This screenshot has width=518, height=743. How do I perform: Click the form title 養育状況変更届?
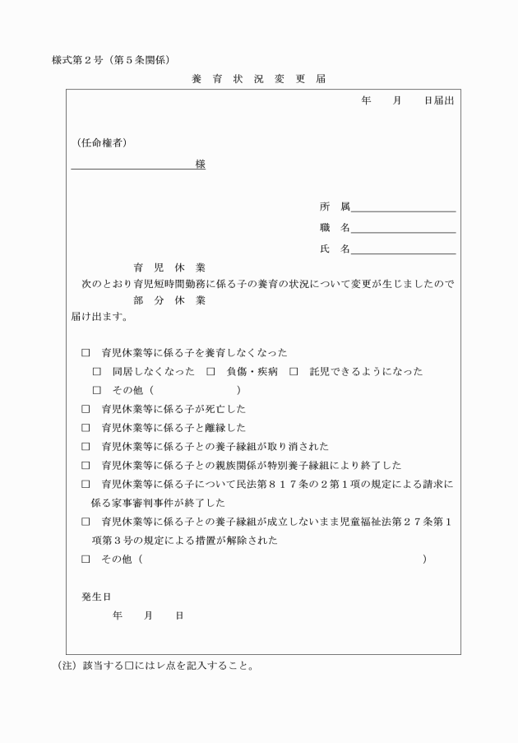259,79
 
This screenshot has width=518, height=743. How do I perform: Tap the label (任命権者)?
101,143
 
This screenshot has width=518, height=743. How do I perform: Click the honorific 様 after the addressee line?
200,164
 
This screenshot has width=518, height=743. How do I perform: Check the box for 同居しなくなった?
97,372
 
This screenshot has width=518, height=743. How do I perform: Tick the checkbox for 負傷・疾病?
211,372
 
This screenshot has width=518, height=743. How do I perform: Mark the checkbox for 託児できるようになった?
294,372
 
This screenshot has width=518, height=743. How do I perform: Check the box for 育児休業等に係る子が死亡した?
86,408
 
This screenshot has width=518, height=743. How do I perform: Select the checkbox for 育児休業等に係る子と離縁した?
86,428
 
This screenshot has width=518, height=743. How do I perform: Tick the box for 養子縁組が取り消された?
86,447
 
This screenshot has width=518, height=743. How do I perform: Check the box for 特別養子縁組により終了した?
86,466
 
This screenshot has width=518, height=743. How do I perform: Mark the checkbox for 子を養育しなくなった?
86,352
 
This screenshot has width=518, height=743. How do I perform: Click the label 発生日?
96,595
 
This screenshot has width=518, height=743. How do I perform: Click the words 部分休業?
169,300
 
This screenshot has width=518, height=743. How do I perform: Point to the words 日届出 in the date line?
438,100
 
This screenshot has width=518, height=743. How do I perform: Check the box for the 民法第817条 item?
86,485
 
